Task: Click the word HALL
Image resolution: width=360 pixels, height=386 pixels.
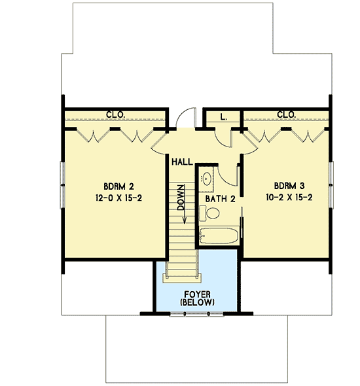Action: (x=183, y=161)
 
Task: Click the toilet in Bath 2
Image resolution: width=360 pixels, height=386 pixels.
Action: (x=211, y=213)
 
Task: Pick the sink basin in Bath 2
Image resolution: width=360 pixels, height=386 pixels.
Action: (x=207, y=177)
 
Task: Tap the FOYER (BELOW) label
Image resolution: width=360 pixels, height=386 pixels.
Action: (x=196, y=297)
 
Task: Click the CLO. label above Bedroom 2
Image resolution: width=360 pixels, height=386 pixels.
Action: (x=116, y=115)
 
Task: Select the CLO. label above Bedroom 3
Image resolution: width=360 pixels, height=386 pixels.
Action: (x=286, y=115)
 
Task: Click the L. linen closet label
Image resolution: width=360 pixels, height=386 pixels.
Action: (x=223, y=117)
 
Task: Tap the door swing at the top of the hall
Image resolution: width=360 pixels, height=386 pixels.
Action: (x=187, y=118)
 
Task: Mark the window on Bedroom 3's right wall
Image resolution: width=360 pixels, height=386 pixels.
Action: (x=331, y=186)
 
